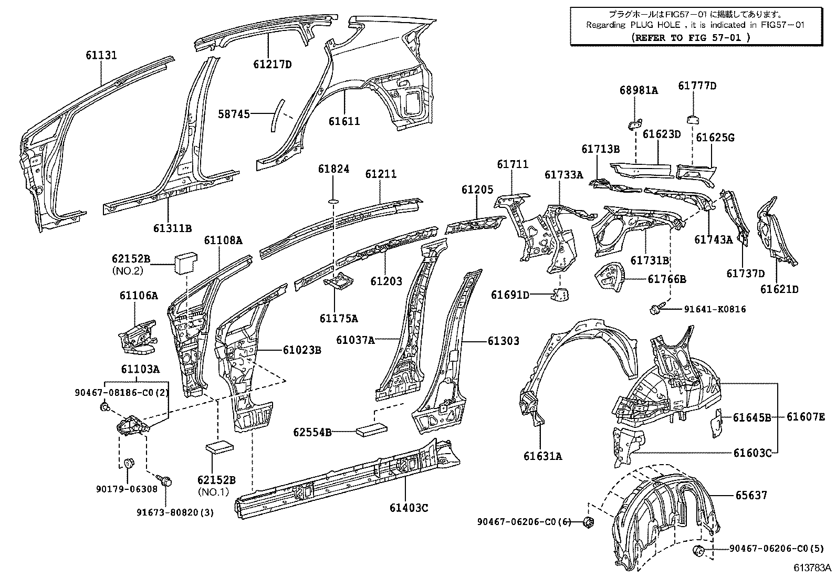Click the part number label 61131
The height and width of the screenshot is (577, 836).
point(101,55)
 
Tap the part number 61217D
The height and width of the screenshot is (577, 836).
point(273,65)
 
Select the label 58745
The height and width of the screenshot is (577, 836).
point(234,114)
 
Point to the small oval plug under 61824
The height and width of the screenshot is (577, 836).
point(333,202)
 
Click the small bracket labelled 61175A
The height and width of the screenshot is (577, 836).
point(339,281)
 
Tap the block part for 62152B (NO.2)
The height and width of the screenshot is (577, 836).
point(186,263)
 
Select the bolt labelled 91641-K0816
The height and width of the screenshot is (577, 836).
point(655,309)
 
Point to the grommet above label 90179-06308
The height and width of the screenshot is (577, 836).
point(129,463)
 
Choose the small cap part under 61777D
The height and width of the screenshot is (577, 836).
point(693,119)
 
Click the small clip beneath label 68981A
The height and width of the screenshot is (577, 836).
point(635,124)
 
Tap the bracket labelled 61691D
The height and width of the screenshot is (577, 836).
point(560,295)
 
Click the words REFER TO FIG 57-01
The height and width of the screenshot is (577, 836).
point(691,37)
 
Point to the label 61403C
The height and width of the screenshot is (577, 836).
point(409,508)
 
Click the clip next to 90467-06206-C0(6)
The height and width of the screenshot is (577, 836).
point(589,522)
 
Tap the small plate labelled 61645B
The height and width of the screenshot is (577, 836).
point(717,423)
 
